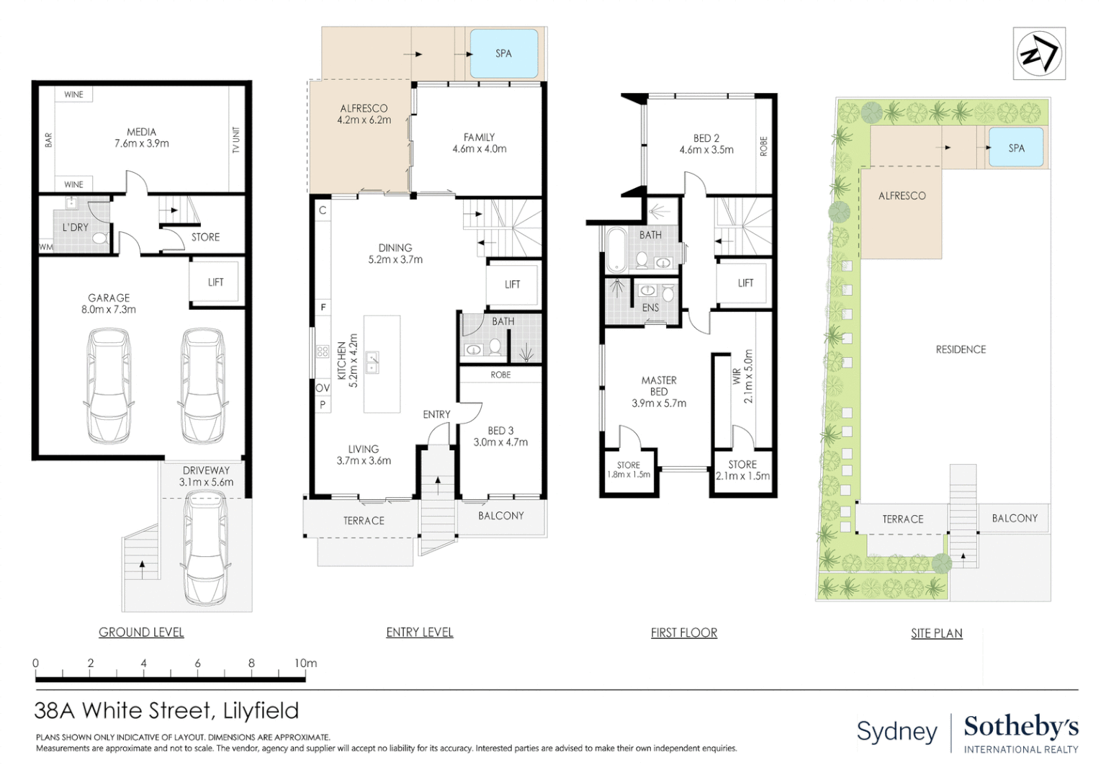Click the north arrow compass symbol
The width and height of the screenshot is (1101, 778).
point(1038,54)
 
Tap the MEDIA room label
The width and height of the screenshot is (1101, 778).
point(141,133)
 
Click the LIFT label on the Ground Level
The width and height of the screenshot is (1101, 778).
point(215,282)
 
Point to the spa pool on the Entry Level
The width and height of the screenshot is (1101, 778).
point(503,53)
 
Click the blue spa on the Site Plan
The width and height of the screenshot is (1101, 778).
point(1016,148)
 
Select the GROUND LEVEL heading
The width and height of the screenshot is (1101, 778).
point(141,632)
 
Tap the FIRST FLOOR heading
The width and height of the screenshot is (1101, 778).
point(683,633)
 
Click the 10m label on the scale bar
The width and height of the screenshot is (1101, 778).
point(305,663)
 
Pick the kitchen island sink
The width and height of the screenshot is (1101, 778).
point(372,362)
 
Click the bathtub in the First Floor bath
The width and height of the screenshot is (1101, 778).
point(616,249)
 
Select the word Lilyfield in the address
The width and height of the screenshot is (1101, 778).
point(261,711)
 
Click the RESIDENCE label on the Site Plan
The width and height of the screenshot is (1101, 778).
point(961,349)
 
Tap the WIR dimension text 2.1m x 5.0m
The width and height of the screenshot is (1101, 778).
point(748,376)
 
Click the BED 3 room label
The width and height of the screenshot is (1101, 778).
point(500,431)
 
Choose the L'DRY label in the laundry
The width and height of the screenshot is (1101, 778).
point(75,227)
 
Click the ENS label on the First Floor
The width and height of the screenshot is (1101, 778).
point(650,308)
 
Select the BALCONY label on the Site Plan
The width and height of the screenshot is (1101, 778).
point(1015,518)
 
